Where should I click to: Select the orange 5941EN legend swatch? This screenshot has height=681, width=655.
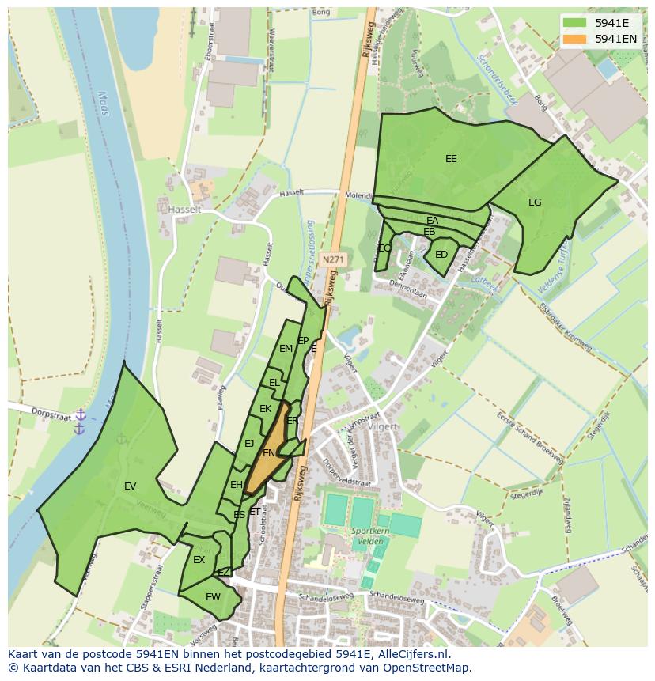576,39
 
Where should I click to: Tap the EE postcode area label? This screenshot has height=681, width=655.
451,159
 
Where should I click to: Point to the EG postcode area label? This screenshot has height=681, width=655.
535,202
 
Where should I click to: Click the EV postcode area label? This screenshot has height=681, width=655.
131,486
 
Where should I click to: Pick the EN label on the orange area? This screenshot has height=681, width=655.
269,453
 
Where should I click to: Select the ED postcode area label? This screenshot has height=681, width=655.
441,255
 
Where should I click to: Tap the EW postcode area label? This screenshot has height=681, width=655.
213,597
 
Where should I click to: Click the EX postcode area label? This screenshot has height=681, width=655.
199,560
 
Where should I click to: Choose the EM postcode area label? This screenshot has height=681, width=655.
286,348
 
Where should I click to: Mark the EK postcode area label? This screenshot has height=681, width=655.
265,409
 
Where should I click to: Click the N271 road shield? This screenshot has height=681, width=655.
333,259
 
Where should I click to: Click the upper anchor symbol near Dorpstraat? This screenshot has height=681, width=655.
80,414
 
